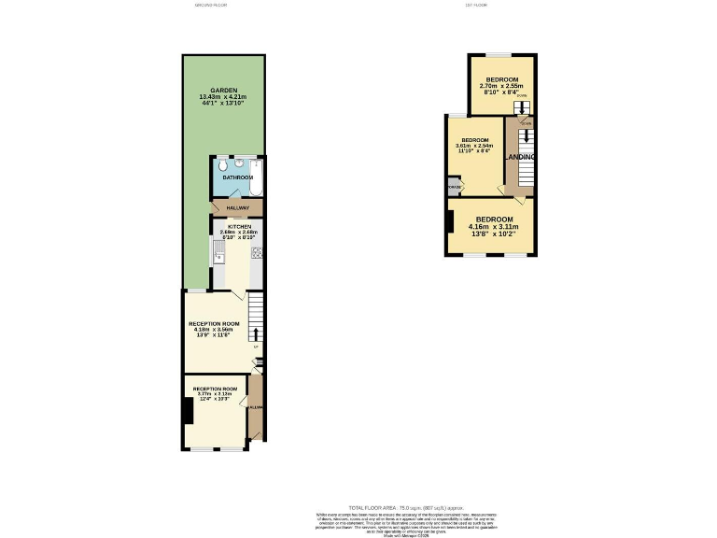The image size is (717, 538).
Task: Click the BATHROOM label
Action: click(237, 177)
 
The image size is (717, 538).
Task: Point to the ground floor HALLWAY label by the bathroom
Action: click(237, 207)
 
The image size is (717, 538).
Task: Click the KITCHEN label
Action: click(236, 227)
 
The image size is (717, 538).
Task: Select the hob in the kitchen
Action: click(256, 252)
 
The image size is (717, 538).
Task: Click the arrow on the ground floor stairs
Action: click(256, 333)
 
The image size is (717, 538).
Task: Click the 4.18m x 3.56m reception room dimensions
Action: click(216, 330)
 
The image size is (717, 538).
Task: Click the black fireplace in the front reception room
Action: click(188, 410)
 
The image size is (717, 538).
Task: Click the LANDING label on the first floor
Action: click(518, 157)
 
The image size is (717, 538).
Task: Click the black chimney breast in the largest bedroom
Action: click(451, 222)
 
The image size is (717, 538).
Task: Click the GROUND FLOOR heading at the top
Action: click(210, 5)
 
